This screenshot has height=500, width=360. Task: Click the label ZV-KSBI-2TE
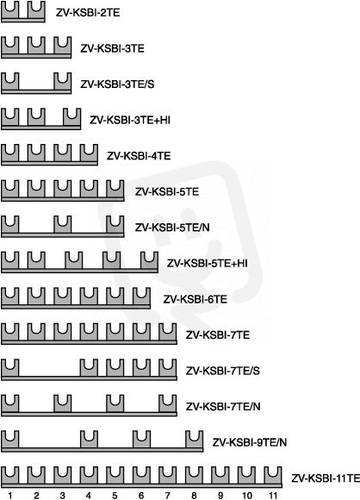88,13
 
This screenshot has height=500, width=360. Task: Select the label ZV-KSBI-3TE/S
117,84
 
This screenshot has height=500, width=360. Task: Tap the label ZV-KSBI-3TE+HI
130,120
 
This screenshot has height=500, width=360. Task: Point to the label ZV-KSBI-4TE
139,156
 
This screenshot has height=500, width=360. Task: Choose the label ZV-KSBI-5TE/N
172,228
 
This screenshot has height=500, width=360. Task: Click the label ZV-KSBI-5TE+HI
207,264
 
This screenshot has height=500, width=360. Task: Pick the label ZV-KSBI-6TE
196,299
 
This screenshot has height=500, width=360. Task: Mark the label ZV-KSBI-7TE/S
223,371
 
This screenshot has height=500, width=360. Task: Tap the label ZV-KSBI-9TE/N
250,442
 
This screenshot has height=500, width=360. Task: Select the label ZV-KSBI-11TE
326,478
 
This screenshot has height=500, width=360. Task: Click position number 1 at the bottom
10,496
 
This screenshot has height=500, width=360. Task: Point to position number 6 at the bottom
141,496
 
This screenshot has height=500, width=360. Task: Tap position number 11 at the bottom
273,496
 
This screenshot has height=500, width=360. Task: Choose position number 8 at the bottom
194,496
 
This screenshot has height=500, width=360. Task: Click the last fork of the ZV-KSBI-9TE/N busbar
195,440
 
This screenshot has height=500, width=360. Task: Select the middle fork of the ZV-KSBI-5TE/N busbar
63,225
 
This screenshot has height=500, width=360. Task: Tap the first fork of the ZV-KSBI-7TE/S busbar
10,368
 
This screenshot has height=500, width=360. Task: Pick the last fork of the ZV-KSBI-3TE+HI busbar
72,117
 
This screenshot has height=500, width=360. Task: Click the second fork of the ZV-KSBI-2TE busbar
36,10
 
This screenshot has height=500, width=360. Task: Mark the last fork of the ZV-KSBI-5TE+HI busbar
149,261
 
